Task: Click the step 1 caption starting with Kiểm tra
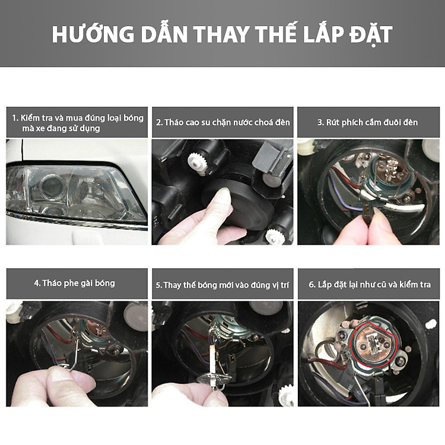[77, 123]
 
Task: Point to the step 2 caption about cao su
[223, 122]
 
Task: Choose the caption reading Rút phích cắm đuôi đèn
[368, 122]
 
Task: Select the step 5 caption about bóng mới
[223, 285]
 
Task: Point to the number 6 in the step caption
[311, 285]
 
